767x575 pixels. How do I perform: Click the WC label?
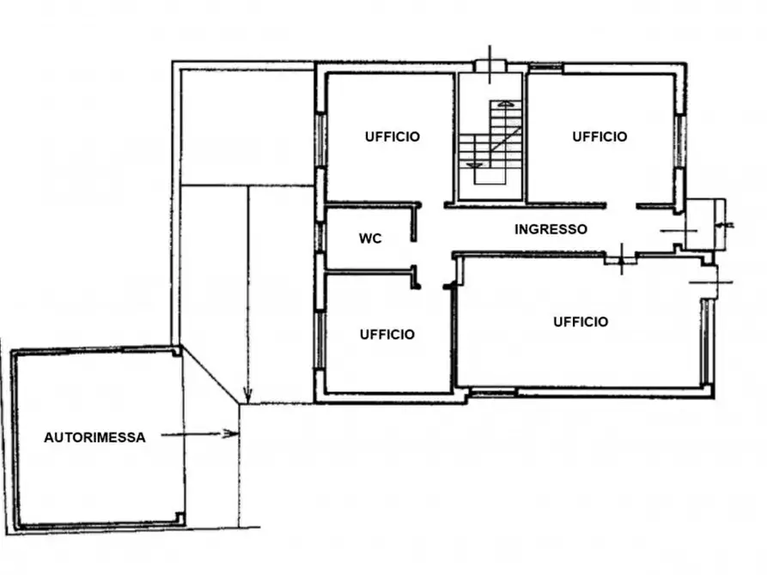[x=370, y=239]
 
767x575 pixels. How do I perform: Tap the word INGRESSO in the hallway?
[x=551, y=229]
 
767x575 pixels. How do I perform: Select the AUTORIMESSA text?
[x=94, y=437]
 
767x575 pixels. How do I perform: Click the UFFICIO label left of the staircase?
[x=392, y=136]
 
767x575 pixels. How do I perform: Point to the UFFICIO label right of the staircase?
[x=600, y=136]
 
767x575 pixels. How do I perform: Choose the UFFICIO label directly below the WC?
[x=387, y=334]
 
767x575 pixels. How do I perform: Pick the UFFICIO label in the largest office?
[x=581, y=322]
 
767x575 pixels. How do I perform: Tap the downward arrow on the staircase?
[x=470, y=163]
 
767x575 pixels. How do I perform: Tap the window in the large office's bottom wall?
[x=494, y=393]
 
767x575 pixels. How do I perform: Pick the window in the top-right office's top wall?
[x=545, y=68]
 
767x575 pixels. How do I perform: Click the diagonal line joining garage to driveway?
[x=210, y=375]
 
